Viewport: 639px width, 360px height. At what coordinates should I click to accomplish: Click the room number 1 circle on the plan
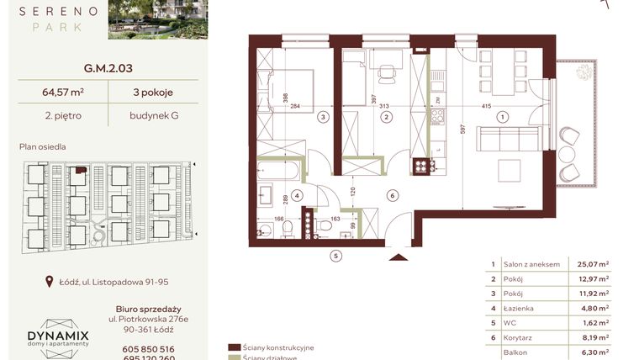coord(503,118)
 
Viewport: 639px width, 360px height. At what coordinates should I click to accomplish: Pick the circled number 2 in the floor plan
coord(386,118)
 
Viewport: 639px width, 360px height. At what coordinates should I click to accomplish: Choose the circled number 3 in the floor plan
coord(322,118)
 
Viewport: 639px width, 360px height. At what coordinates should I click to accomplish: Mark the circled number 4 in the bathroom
coord(297,195)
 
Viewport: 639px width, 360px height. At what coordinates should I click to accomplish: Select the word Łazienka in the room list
coord(519,309)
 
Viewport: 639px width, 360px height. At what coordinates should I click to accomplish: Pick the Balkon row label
coord(515,353)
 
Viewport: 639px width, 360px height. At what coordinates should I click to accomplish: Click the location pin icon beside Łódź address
coord(51,283)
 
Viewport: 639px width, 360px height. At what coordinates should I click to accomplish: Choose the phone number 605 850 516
coord(147,348)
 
